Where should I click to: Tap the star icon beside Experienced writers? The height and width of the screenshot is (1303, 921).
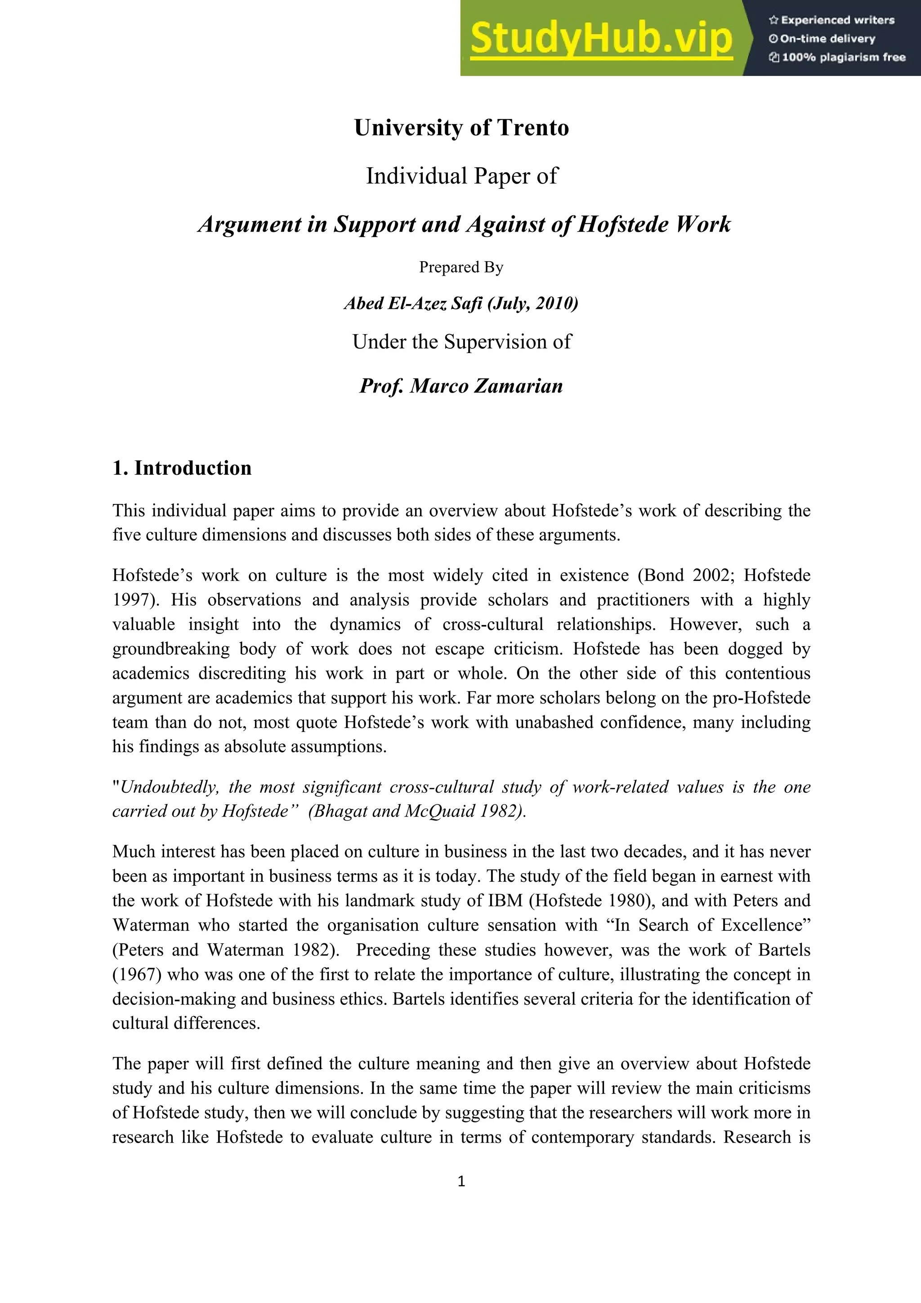click(x=773, y=20)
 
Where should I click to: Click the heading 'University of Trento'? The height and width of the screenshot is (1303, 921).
click(x=461, y=128)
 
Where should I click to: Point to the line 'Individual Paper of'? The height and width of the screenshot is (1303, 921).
click(x=461, y=176)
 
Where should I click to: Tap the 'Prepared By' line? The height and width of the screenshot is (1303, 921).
click(x=461, y=267)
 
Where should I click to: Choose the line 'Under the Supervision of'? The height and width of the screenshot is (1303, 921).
click(x=461, y=342)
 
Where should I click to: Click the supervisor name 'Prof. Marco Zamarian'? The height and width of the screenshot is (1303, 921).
click(x=461, y=386)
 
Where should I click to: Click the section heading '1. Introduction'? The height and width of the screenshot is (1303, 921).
click(x=182, y=468)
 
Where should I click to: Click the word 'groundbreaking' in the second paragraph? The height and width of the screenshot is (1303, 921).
click(x=171, y=649)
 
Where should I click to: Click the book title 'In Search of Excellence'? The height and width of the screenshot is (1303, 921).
click(x=708, y=925)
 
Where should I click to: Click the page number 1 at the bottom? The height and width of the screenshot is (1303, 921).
click(x=461, y=1181)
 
